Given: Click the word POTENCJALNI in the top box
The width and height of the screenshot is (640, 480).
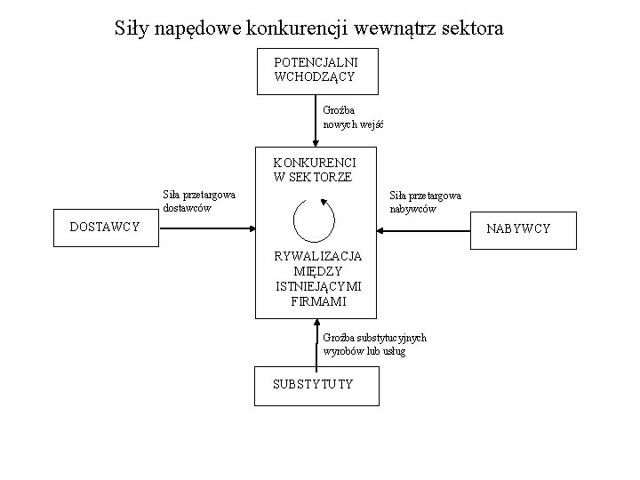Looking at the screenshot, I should [316, 63].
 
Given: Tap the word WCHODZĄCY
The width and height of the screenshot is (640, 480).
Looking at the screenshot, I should [316, 77].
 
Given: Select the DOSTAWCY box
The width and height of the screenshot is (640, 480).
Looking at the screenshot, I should [105, 228].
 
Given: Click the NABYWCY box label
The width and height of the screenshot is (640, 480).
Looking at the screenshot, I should [517, 228].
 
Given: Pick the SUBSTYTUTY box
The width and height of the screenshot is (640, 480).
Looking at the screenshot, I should [314, 384].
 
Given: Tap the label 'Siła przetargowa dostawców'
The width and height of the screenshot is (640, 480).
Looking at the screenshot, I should [198, 202].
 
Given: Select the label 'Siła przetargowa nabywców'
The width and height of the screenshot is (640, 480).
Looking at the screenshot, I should [425, 202].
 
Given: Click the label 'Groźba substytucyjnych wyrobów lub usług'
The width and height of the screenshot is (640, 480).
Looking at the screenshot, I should [374, 344].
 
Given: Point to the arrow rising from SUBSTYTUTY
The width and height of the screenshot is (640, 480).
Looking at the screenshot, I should [316, 342].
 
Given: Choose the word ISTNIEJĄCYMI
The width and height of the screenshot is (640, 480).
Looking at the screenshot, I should [318, 286].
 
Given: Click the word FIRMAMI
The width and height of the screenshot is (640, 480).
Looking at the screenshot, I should [318, 301].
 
